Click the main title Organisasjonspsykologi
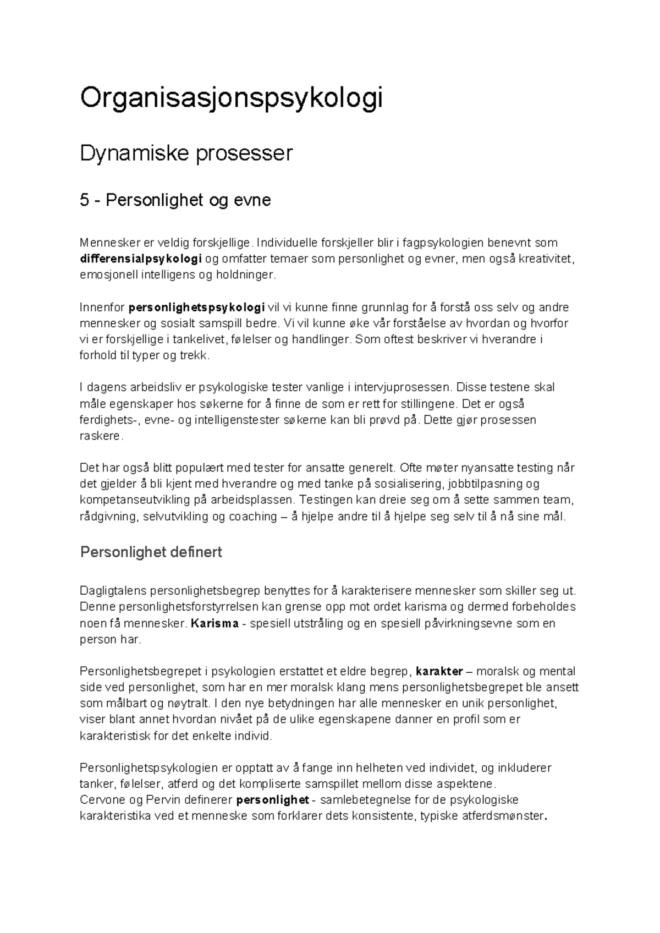(x=231, y=99)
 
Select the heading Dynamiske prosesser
(x=186, y=153)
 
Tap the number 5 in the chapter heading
(x=84, y=200)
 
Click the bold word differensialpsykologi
(x=141, y=259)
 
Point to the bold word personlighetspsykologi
(x=196, y=307)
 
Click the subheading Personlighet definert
(x=151, y=552)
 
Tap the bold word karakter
(x=439, y=671)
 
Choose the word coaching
(x=253, y=517)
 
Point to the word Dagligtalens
(x=113, y=591)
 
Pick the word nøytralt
(x=180, y=703)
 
